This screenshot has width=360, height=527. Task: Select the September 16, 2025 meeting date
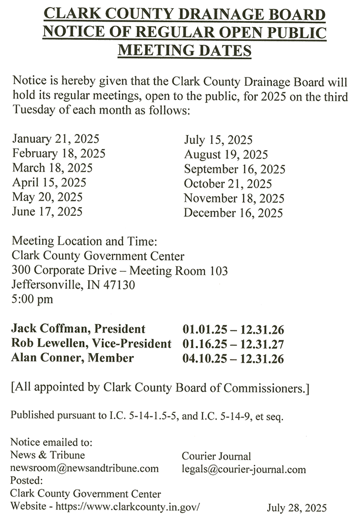pyautogui.click(x=235, y=169)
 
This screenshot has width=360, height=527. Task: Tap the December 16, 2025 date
pyautogui.click(x=233, y=213)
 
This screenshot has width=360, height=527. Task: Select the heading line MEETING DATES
pyautogui.click(x=185, y=51)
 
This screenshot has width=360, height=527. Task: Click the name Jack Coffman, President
pyautogui.click(x=78, y=329)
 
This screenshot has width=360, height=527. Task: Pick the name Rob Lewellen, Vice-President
pyautogui.click(x=91, y=344)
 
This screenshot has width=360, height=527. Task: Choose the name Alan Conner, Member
pyautogui.click(x=73, y=358)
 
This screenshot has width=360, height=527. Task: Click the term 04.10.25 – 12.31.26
pyautogui.click(x=233, y=359)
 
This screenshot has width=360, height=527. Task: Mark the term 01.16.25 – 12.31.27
pyautogui.click(x=233, y=344)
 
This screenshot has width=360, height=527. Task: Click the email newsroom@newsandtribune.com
pyautogui.click(x=85, y=468)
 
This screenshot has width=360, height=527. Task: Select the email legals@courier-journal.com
pyautogui.click(x=244, y=469)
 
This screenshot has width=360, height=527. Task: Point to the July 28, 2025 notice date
pyautogui.click(x=297, y=508)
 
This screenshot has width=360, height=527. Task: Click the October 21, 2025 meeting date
pyautogui.click(x=228, y=184)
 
